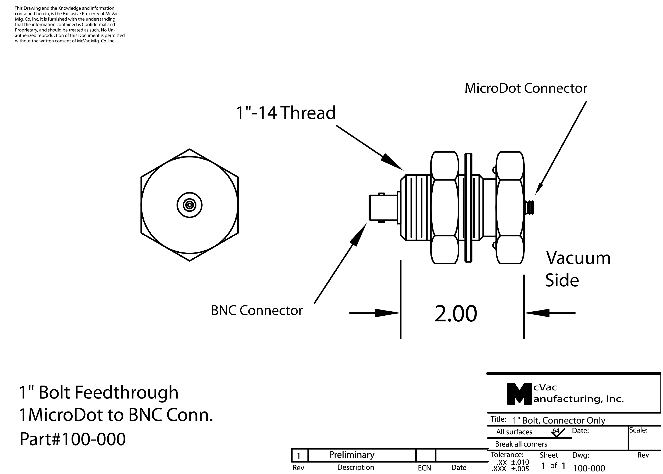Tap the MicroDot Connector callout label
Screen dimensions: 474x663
[x=526, y=88]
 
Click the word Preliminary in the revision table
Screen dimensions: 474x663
[x=352, y=455]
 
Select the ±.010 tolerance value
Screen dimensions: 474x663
[x=520, y=462]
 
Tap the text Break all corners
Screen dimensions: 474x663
[x=521, y=444]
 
